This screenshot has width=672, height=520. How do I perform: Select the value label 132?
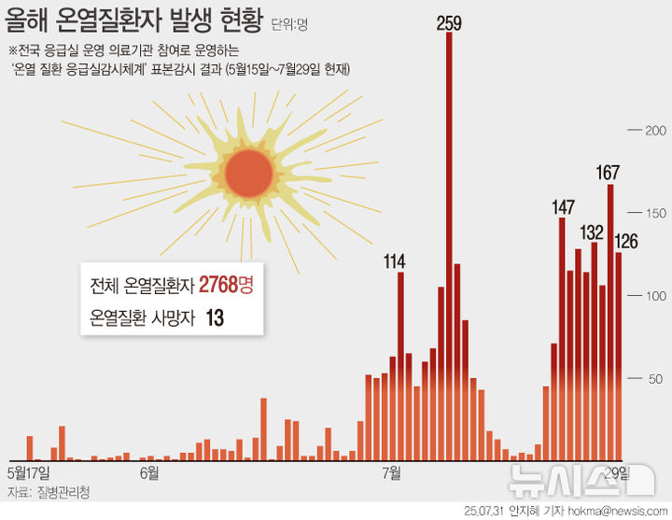(x=593, y=232)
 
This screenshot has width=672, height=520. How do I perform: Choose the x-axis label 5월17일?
(x=35, y=472)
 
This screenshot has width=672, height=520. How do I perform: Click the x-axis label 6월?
(x=148, y=472)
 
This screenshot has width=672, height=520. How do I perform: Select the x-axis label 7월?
(x=393, y=472)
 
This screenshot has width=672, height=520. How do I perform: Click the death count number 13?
(x=214, y=318)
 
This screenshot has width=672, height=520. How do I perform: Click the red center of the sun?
(x=249, y=171)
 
